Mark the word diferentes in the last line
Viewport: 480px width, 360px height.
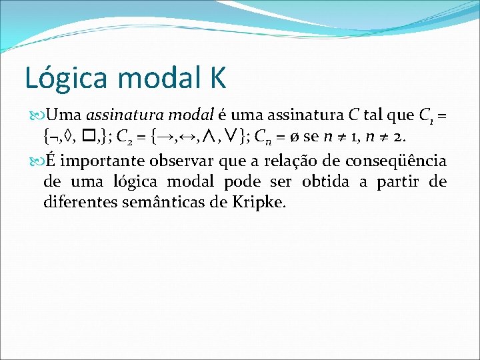coord(79,201)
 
